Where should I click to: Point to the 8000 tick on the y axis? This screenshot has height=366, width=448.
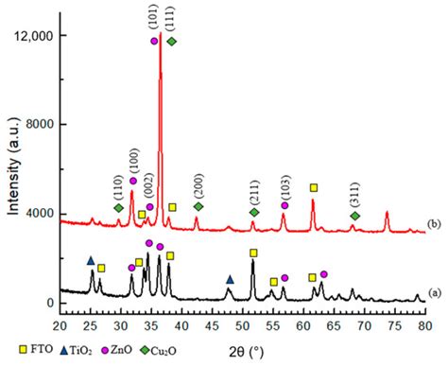[35, 125]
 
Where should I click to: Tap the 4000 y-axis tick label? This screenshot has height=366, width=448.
[35, 214]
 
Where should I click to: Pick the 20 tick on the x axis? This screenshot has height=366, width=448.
[60, 325]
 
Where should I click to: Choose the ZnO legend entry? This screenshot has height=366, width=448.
[158, 357]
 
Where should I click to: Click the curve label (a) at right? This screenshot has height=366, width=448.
[433, 293]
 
